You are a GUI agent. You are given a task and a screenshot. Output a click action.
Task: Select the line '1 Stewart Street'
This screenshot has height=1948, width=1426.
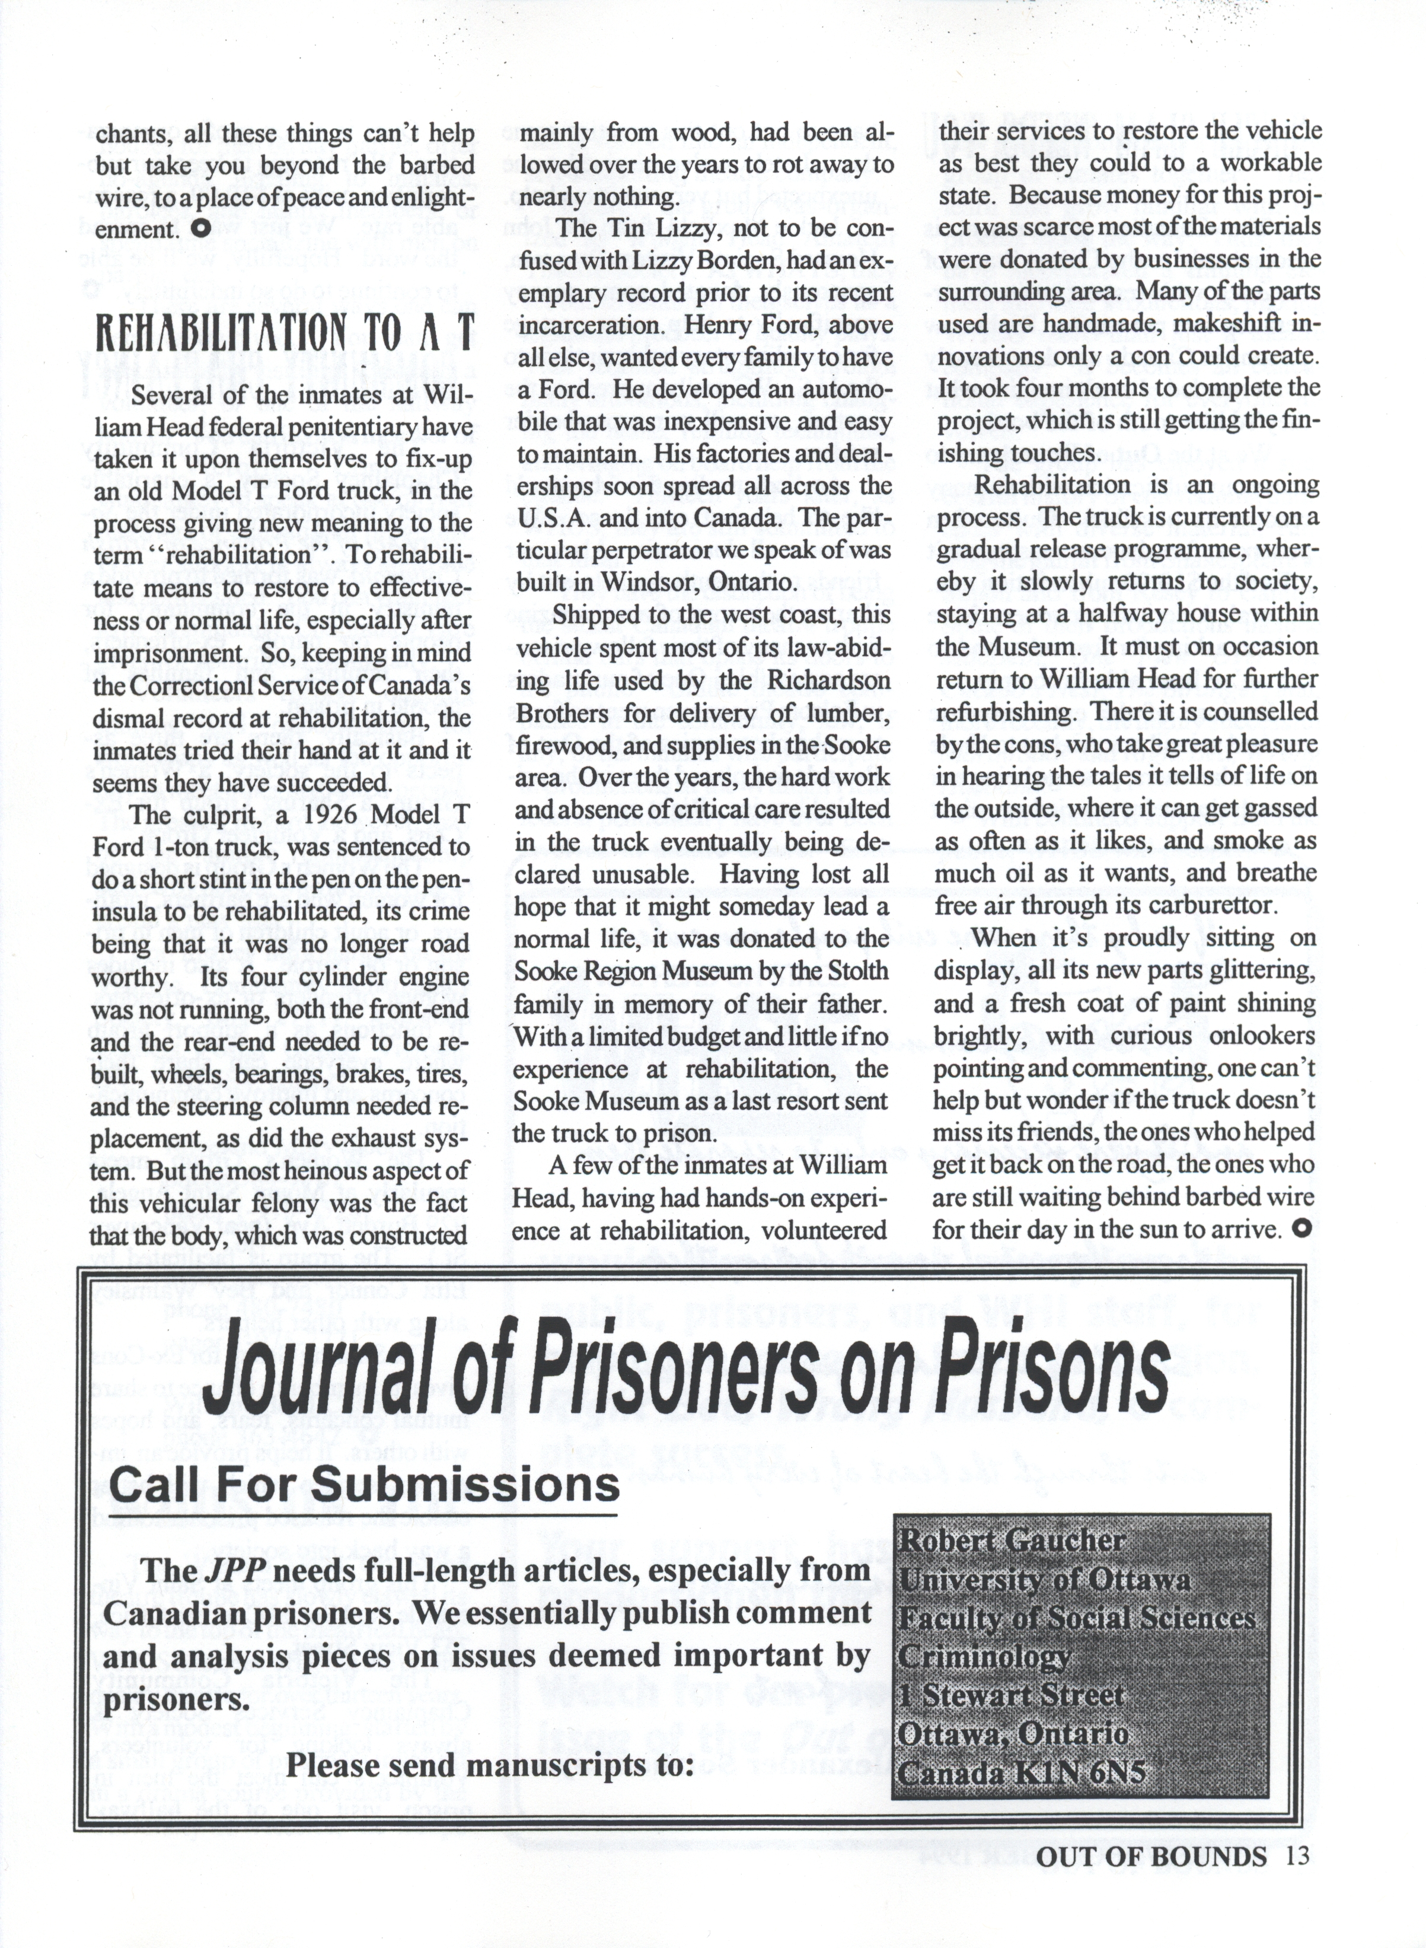coord(1012,1694)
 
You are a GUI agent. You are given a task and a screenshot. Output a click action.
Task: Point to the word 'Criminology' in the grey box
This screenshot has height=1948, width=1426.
coord(984,1656)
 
